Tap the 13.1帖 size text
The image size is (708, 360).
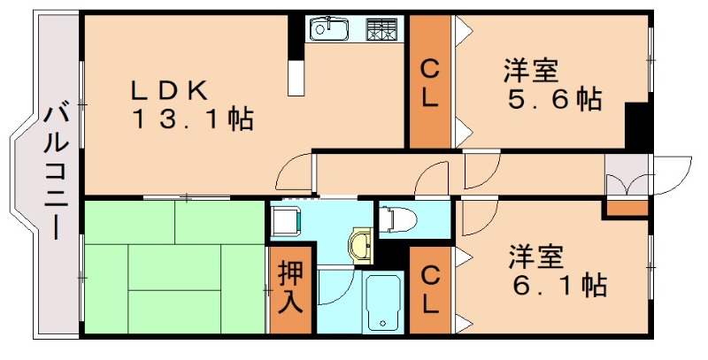[x=193, y=119]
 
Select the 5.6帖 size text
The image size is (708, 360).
[x=554, y=98]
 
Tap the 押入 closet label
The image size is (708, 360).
[x=290, y=288]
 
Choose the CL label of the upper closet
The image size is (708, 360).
[x=429, y=82]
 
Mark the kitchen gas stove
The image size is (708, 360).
[x=381, y=29]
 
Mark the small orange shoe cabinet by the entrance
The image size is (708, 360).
[x=627, y=209]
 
